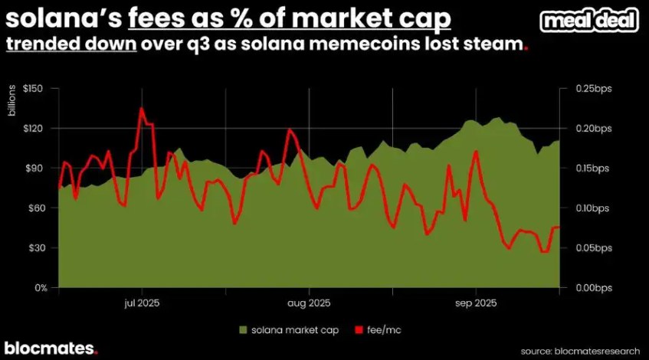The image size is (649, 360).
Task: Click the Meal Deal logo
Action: point(589,21)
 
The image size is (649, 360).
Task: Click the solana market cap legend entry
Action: point(288,330)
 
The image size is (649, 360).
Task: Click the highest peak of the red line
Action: point(142,108)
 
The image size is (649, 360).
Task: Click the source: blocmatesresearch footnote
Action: point(579,351)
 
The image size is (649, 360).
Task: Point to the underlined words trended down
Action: point(71,44)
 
